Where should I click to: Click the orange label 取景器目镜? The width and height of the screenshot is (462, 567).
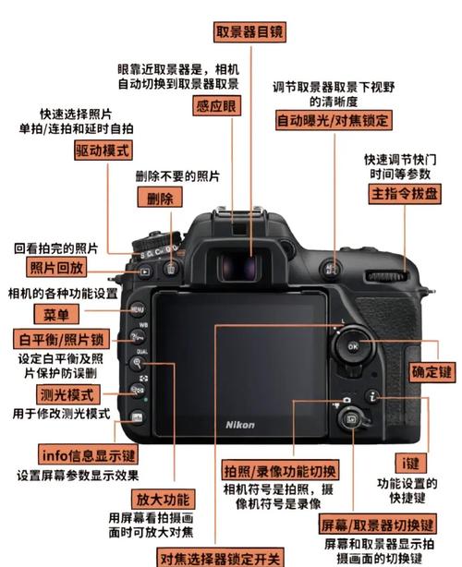[249, 30]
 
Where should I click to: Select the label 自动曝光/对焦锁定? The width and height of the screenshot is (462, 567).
[334, 121]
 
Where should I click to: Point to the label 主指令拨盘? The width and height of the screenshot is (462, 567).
[405, 195]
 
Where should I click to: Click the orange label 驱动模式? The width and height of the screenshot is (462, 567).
[103, 151]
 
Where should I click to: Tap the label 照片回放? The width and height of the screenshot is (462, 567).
[57, 269]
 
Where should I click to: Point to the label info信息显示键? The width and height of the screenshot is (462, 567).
[89, 454]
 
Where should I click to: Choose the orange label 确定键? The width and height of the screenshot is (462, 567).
[432, 372]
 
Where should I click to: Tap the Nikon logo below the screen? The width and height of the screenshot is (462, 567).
[240, 424]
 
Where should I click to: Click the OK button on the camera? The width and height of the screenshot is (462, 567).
[352, 346]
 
